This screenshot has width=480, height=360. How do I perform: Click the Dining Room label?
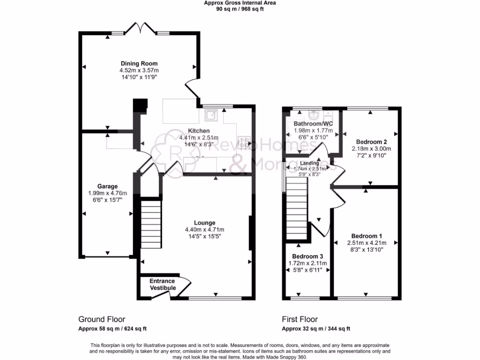point(139,64)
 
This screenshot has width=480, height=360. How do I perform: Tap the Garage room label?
point(107,186)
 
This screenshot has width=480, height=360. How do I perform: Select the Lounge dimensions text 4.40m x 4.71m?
point(205,230)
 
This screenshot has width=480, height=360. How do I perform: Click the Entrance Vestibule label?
point(163,285)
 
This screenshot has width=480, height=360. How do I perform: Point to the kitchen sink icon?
point(211,115)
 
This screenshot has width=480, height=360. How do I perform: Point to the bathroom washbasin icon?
point(314,113)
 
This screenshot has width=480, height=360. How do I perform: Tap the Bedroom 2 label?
point(371,142)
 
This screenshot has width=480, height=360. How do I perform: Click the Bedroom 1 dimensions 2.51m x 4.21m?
point(367,243)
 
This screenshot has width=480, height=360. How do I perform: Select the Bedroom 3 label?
point(307,256)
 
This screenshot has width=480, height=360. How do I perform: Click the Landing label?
point(309,163)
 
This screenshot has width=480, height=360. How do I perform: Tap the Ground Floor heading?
point(102,319)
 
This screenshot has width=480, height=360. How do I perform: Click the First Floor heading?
point(300,319)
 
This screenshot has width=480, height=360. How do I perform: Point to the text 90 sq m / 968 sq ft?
point(240,9)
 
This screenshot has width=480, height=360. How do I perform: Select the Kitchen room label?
point(199,131)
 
